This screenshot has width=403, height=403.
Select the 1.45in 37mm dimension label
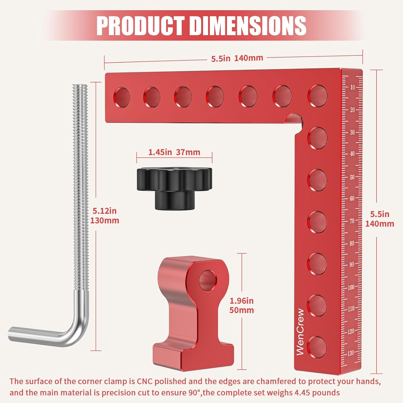coord(174,152)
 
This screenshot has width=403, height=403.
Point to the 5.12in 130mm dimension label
coord(105,216)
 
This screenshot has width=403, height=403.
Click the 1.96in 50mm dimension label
coord(242,305)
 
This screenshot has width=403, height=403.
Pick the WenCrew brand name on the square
coord(300,332)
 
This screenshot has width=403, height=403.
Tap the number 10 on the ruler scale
coord(352,87)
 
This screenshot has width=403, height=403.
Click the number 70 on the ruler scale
coord(352,221)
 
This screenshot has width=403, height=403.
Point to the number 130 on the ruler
coord(351,353)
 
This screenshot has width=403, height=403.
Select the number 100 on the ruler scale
coord(351,287)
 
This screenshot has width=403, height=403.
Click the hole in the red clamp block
coord(208,280)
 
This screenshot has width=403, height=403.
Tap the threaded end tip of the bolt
coord(80,87)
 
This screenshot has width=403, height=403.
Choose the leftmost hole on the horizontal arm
coord(122,97)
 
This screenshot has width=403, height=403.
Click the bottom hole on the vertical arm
coord(317,347)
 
